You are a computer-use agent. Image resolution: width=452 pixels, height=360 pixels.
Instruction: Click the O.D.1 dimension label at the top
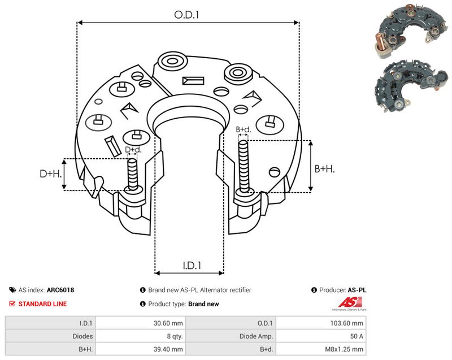[186, 15]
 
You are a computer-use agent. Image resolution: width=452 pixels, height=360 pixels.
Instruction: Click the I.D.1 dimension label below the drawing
[192, 266]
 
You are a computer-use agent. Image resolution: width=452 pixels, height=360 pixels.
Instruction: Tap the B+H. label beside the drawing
[324, 168]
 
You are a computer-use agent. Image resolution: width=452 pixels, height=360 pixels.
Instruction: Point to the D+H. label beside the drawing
[51, 174]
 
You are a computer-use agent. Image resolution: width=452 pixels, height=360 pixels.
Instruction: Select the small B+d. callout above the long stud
[244, 129]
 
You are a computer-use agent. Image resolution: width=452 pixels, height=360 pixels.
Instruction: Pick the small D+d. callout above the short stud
[133, 150]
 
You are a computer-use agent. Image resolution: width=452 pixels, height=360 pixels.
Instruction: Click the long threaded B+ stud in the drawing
[244, 166]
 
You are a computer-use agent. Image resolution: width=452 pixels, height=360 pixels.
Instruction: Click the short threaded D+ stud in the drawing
[133, 175]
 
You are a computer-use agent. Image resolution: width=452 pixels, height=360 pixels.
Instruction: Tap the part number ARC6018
[60, 290]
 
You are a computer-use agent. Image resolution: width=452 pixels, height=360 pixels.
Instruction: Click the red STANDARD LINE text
[42, 304]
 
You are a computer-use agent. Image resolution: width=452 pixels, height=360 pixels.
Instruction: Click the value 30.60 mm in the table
[168, 323]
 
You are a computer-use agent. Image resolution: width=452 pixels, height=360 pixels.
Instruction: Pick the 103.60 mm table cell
[346, 323]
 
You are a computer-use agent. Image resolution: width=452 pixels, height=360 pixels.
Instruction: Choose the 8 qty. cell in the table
[175, 336]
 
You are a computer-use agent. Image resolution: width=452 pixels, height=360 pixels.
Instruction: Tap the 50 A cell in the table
[357, 336]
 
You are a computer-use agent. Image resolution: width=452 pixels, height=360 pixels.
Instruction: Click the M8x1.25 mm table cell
[344, 349]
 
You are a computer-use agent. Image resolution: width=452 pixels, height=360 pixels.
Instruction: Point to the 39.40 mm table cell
[168, 349]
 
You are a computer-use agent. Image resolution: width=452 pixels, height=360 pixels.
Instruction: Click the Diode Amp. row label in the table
[256, 336]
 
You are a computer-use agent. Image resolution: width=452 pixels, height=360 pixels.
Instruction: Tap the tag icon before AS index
[12, 290]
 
